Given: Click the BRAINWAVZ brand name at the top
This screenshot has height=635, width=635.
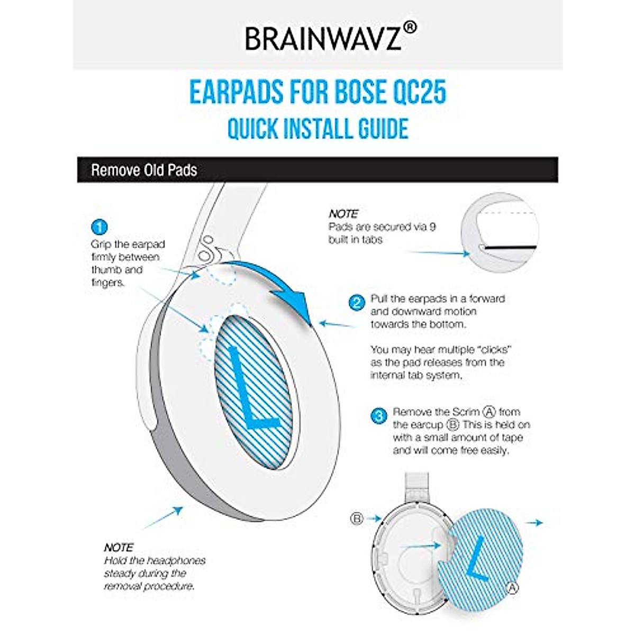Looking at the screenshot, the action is (323, 38).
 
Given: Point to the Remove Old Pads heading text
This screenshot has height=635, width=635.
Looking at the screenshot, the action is (144, 170).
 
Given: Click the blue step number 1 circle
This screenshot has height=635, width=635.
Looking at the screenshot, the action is (99, 227).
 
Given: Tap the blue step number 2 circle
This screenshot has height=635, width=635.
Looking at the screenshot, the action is (357, 303).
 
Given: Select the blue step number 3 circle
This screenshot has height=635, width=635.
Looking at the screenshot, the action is (379, 416).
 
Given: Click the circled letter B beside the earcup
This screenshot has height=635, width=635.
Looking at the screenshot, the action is (357, 519).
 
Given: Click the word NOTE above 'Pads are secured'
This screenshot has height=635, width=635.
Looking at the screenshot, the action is (343, 214).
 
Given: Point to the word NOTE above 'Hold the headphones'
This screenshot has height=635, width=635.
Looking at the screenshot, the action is (119, 547).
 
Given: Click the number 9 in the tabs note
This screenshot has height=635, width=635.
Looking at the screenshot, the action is (432, 226).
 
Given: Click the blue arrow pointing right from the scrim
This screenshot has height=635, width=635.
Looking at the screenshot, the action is (536, 523).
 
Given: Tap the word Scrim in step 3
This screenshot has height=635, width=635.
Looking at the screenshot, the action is (466, 412).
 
